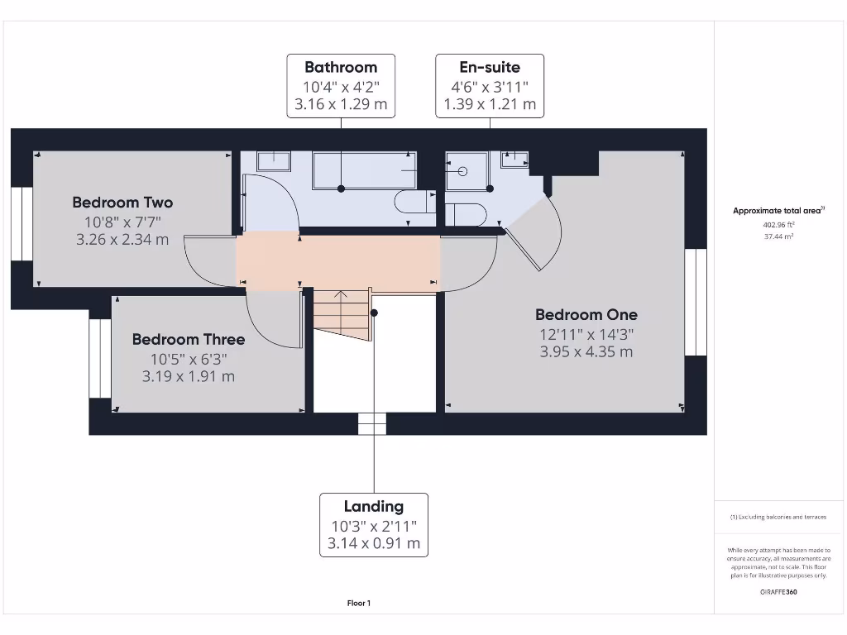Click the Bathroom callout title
point(341,68)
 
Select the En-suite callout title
point(490,68)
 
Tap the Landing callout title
point(374,507)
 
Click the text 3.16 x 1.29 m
point(341,105)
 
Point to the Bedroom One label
point(586,315)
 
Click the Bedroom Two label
point(122,203)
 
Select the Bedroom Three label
point(189,340)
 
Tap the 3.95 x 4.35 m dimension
point(586,352)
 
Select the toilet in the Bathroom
point(414,202)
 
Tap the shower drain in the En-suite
point(462,172)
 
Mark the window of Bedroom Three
point(98,358)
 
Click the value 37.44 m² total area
point(778,236)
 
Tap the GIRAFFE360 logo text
point(778,592)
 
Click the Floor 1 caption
point(359,604)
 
